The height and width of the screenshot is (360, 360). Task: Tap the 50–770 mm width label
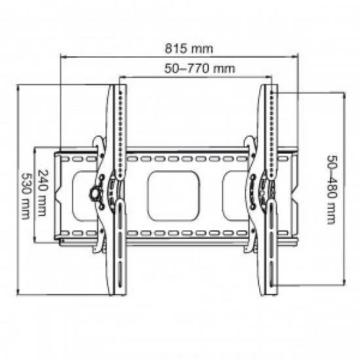coord(194,67)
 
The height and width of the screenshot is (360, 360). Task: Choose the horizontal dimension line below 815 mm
coord(179,56)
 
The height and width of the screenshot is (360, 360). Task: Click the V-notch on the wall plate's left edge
coord(58,194)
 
